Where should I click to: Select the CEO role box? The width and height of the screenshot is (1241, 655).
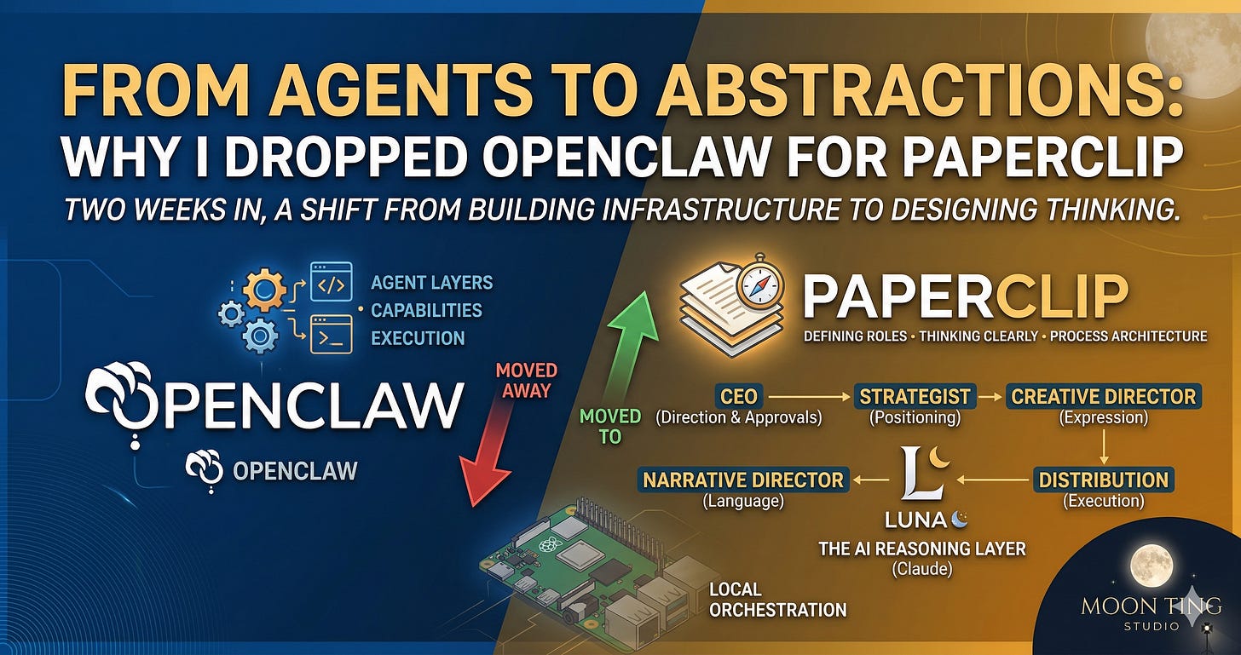click(x=737, y=396)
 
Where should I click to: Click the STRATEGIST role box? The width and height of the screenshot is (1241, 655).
click(x=915, y=396)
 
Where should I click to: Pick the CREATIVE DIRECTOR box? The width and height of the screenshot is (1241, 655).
click(x=1103, y=396)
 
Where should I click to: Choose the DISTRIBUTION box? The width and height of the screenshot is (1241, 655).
click(x=1105, y=480)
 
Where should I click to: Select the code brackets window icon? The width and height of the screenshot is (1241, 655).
click(x=331, y=283)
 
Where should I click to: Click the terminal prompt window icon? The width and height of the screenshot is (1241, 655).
click(x=331, y=334)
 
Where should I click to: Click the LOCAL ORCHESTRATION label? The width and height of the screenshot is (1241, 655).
click(x=777, y=600)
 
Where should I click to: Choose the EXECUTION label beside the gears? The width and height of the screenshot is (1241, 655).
click(x=418, y=337)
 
